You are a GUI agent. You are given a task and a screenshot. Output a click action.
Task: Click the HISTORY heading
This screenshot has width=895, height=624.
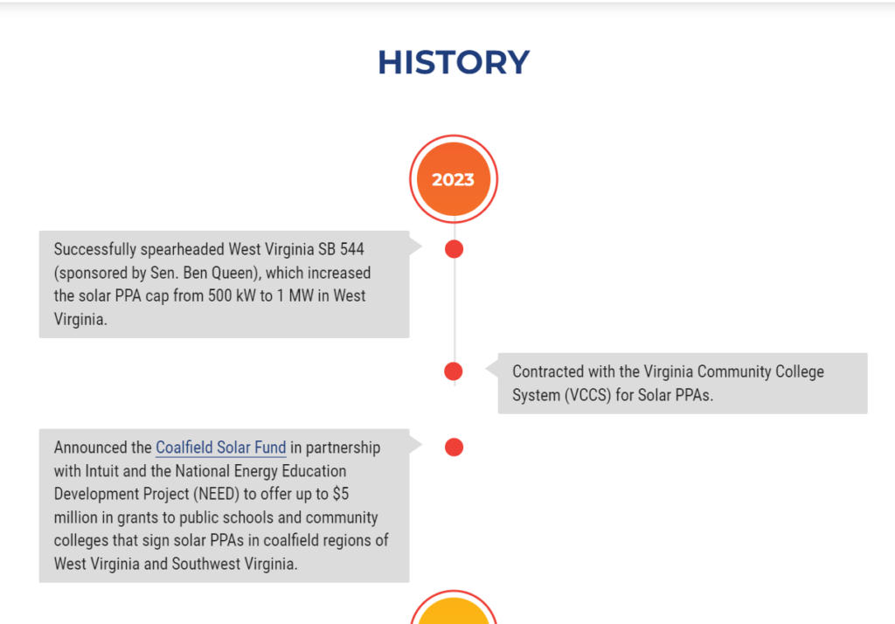coord(454,62)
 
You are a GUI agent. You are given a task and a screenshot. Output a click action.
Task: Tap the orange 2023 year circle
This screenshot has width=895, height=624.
coord(454,179)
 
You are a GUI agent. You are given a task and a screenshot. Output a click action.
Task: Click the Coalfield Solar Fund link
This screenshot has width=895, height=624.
coord(221,447)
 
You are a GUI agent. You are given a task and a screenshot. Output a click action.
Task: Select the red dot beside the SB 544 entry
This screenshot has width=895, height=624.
coord(454,249)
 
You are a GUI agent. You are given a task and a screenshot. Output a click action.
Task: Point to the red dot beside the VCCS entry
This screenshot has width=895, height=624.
coord(454,371)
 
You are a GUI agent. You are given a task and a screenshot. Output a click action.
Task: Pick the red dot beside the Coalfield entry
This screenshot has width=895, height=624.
coord(454,447)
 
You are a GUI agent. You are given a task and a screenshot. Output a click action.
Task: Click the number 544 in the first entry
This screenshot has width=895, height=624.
coord(352,249)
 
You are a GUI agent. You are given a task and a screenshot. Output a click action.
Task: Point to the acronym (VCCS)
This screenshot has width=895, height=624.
coord(588,395)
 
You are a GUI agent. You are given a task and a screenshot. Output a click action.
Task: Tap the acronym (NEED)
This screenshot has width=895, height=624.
coord(217,494)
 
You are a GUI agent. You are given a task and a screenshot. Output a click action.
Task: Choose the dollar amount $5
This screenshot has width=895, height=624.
coord(341,494)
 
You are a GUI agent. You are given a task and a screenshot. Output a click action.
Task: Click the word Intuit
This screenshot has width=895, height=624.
coord(101,471)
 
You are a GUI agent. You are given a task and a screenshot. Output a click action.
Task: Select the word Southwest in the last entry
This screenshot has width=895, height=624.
coord(206,564)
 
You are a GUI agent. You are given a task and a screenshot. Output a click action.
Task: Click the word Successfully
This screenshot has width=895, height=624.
coord(95,249)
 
